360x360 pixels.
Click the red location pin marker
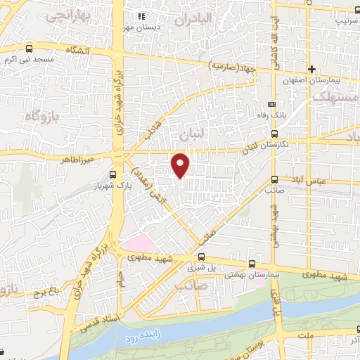[x=181, y=165]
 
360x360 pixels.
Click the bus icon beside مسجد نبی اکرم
[x=29, y=49]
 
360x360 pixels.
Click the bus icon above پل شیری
[x=202, y=257]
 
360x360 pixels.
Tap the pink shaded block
[x=137, y=245]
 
